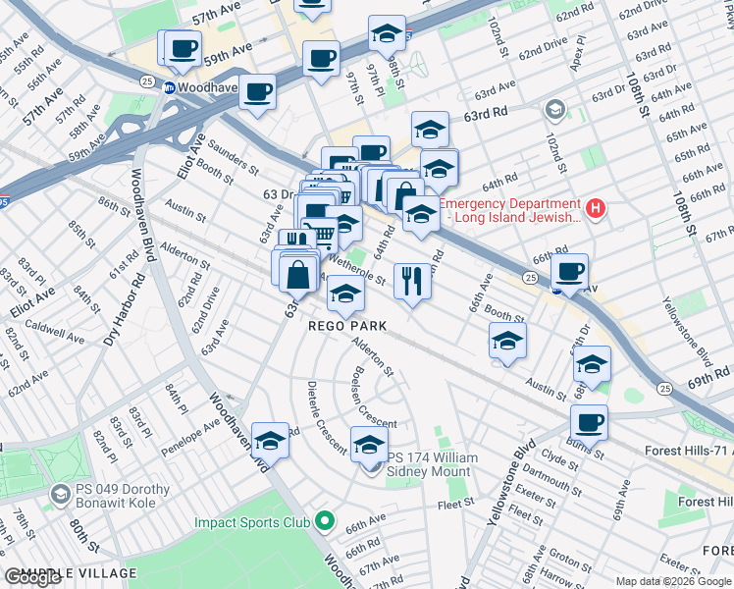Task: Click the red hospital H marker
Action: (x=594, y=208)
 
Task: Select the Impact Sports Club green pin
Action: (x=326, y=521)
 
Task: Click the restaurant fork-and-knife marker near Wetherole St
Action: (x=411, y=281)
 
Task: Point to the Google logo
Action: (x=33, y=577)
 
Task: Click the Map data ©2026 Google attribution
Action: (x=673, y=581)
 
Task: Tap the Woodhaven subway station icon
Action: (x=169, y=86)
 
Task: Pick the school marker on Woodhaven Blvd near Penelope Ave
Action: (x=270, y=440)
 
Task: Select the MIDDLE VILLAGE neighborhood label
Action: (x=72, y=573)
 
